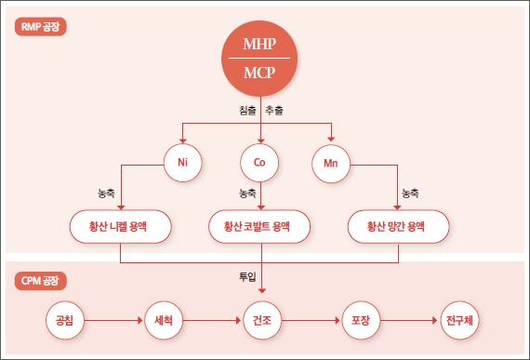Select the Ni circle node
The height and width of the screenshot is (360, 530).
[x=182, y=163]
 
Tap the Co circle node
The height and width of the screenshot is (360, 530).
[x=259, y=163]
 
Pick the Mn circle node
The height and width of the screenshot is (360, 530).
[x=330, y=163]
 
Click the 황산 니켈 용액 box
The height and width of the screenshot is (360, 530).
[x=121, y=226]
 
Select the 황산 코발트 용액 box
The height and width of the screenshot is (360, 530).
[x=259, y=226]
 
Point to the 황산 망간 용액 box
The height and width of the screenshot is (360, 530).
[x=398, y=226]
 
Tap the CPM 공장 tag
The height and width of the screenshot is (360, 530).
[x=41, y=279]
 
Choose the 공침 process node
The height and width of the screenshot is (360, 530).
[x=65, y=320]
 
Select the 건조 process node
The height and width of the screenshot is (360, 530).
[x=261, y=320]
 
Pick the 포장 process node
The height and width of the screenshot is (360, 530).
[x=360, y=320]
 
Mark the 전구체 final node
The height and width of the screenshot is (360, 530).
[x=458, y=320]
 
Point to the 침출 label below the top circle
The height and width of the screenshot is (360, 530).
[x=247, y=112]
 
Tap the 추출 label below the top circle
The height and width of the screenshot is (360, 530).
[x=274, y=112]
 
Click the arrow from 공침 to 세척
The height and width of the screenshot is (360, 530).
[x=114, y=320]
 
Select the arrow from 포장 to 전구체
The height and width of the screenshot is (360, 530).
[x=409, y=320]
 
